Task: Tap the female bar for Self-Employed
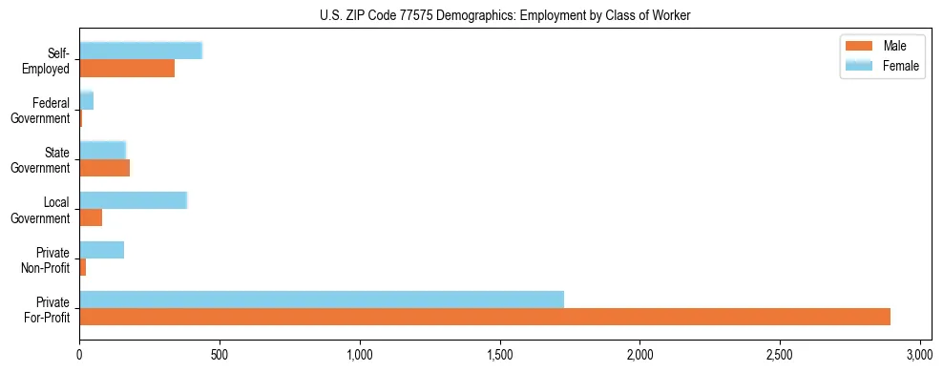[140, 51]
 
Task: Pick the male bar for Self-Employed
[127, 69]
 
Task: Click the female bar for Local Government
[133, 200]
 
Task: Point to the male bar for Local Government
[91, 217]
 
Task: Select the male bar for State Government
[104, 168]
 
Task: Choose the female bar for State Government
[102, 150]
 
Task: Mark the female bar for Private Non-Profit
[101, 250]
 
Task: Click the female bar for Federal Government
[86, 100]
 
